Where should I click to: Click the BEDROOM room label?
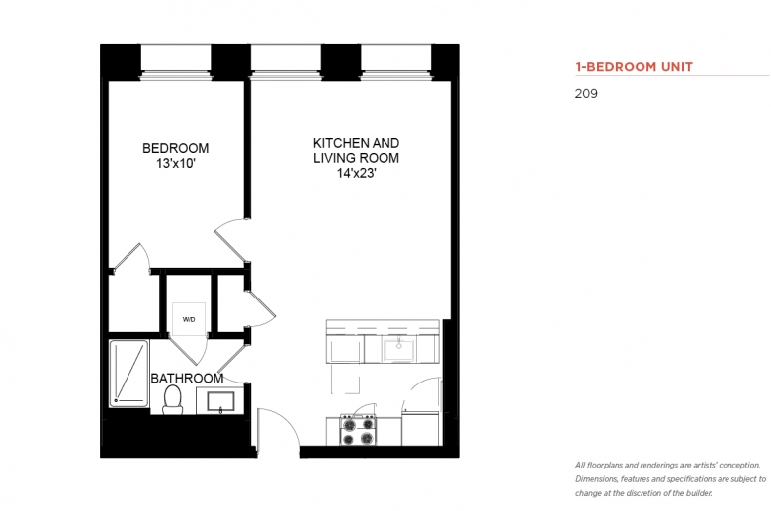coord(176,148)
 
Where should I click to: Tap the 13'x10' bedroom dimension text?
coord(176,163)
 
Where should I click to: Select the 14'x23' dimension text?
coord(357,173)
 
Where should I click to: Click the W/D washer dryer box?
coord(189,319)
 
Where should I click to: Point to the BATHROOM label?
coord(187,379)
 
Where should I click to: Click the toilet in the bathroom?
coord(172,399)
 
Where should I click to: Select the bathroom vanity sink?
coord(220,401)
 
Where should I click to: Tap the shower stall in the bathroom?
coord(128,374)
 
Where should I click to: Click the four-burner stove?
coord(358,430)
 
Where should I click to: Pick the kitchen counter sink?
coord(398,349)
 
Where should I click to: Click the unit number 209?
coord(586,94)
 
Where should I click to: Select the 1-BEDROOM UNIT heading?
coord(634,67)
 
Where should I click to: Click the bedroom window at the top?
coord(176,61)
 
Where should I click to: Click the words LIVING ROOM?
coord(357,158)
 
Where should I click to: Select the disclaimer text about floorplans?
coord(671,479)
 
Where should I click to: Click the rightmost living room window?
coord(396,61)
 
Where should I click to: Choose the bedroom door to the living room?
coord(231,240)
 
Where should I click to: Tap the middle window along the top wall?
coord(286,61)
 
